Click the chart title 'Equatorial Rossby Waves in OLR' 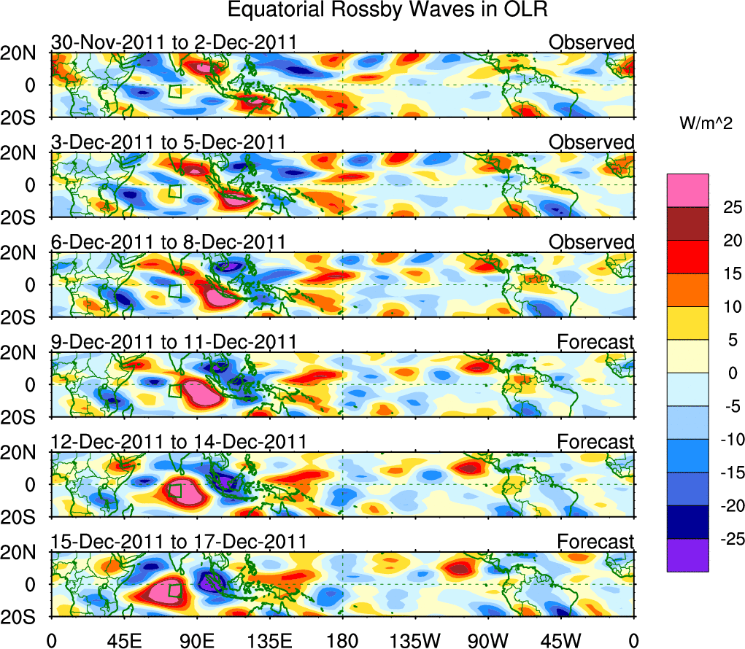pyautogui.click(x=387, y=11)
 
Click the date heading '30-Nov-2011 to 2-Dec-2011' pyautogui.click(x=174, y=42)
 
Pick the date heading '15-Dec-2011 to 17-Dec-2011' pyautogui.click(x=178, y=542)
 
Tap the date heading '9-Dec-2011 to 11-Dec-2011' pyautogui.click(x=174, y=342)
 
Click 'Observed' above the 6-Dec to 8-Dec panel pyautogui.click(x=591, y=242)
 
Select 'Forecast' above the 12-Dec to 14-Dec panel pyautogui.click(x=595, y=442)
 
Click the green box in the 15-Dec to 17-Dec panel pyautogui.click(x=174, y=590)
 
